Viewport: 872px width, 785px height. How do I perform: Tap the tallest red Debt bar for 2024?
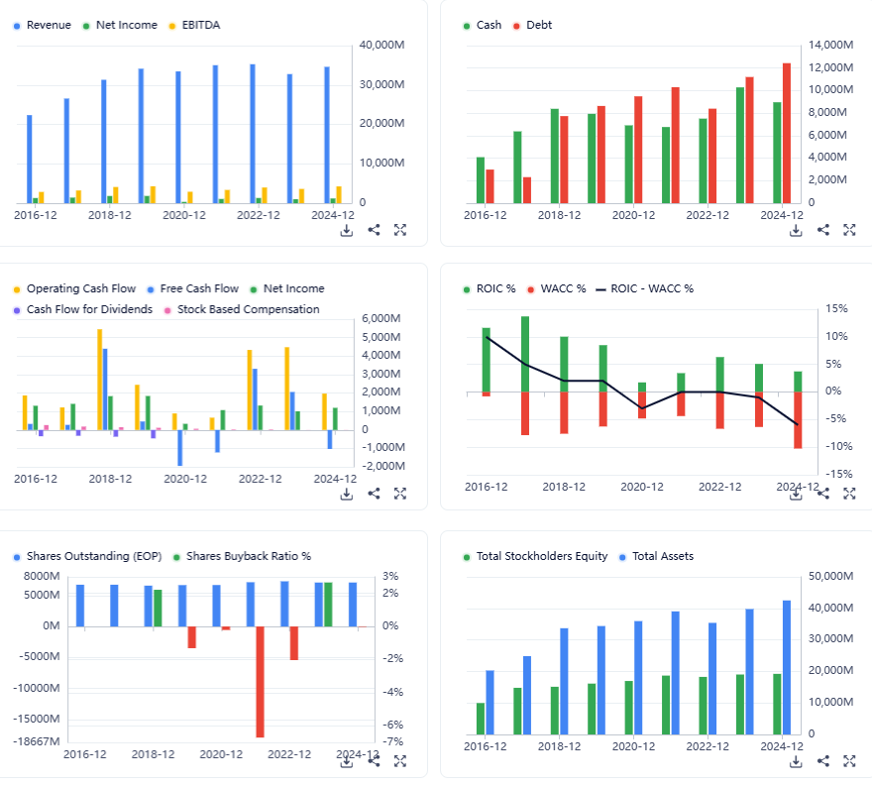point(787,133)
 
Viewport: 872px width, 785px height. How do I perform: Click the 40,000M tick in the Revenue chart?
point(382,46)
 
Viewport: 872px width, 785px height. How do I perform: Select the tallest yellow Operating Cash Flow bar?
point(99,380)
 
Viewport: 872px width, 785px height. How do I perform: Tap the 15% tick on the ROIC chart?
point(837,309)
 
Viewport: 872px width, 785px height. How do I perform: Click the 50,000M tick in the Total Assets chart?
point(831,577)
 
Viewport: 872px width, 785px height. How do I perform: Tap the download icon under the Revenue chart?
point(347,230)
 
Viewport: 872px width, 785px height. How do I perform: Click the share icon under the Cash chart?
point(822,230)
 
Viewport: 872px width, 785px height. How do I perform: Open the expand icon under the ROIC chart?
point(848,494)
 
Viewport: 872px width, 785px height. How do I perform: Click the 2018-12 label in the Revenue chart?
point(110,214)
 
